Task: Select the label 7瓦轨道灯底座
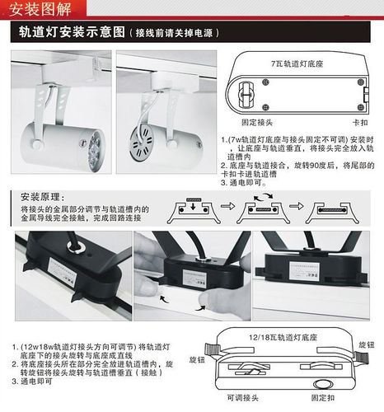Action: pyautogui.click(x=296, y=63)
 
